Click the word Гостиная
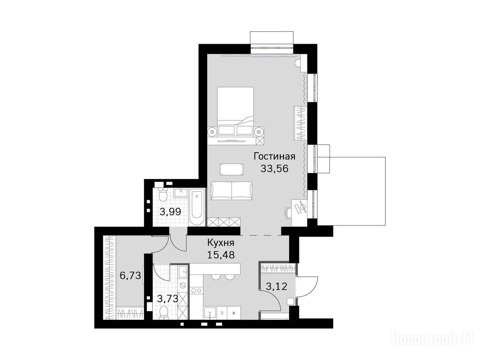click(275, 157)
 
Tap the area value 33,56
click(275, 168)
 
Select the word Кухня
click(221, 243)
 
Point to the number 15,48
click(221, 255)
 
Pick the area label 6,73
click(130, 276)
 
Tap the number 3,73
click(167, 298)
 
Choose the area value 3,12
click(277, 286)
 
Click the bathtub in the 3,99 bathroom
click(196, 208)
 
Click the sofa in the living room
click(232, 190)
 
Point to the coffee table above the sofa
click(232, 169)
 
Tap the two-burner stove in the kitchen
click(195, 290)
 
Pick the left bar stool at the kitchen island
click(216, 277)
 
